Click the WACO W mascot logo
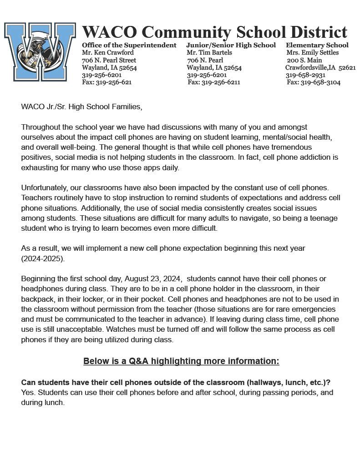coord(40,51)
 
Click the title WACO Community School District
coord(214,32)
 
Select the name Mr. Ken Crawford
coord(108,52)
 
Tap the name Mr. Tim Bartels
coord(209,52)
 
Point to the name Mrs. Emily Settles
coord(313,52)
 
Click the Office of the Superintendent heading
coord(129,45)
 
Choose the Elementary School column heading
coord(317,45)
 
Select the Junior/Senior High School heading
coord(231,45)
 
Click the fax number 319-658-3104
coord(320,82)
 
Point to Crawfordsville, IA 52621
coord(320,67)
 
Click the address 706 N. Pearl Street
coord(109,60)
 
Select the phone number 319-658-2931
coord(305,75)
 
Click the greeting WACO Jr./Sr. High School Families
coord(81,107)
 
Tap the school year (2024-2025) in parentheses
coord(43,258)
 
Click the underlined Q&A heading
coord(181,361)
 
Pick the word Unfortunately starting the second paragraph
coord(44,187)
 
